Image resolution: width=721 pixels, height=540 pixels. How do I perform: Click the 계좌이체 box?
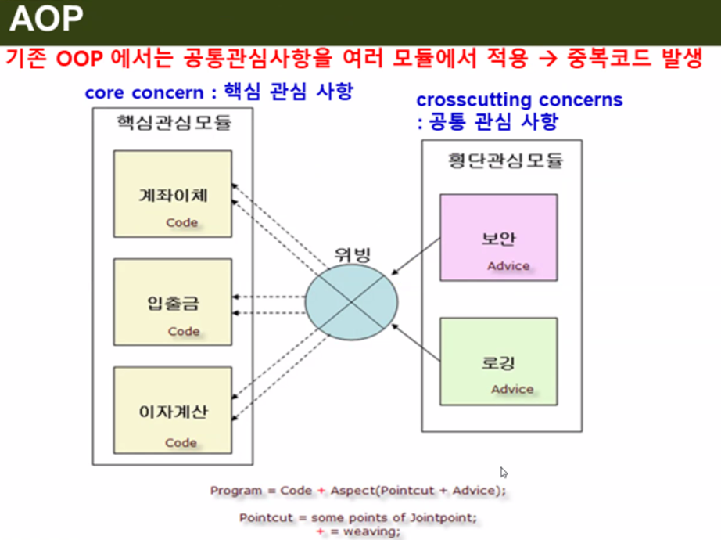173,193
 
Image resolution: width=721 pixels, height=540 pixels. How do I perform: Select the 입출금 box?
173,302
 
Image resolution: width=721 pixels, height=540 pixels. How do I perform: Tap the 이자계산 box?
173,409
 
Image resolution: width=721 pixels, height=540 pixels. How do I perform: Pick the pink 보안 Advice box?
498,237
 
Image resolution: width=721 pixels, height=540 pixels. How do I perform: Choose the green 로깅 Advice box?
498,361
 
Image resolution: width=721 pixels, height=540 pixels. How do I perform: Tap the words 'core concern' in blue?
144,92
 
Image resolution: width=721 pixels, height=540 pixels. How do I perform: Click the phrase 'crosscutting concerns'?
519,100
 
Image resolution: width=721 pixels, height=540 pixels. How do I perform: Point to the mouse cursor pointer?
504,472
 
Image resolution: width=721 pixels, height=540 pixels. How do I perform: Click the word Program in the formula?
236,491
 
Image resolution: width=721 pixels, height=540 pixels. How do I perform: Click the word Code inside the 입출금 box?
184,331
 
